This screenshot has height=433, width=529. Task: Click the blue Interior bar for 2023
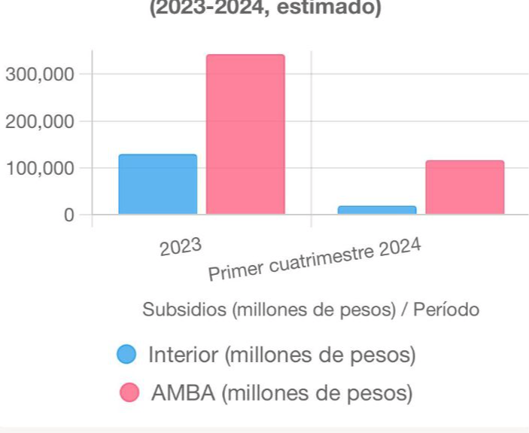(x=158, y=184)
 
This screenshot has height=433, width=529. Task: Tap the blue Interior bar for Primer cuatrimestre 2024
(x=377, y=209)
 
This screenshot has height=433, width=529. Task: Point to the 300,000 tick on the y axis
(x=40, y=75)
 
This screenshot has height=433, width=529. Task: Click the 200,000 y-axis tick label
(x=40, y=121)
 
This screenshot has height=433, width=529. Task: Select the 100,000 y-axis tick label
(x=40, y=168)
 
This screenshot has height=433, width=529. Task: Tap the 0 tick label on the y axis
(x=68, y=215)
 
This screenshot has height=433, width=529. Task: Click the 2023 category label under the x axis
(x=181, y=245)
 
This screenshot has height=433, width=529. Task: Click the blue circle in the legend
(x=127, y=354)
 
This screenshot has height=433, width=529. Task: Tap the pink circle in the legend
(x=129, y=392)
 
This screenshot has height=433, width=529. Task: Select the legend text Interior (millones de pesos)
(x=281, y=354)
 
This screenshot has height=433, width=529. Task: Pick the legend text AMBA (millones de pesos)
(x=281, y=392)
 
